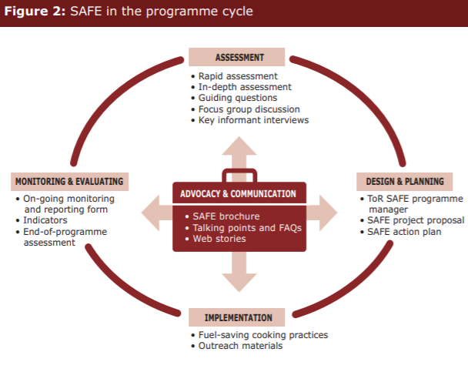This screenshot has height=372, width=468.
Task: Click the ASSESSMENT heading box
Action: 239,58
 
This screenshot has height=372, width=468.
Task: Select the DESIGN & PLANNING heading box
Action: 404,182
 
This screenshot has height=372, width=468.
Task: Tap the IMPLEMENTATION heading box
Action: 239,317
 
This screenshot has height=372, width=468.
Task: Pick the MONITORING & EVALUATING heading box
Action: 69,182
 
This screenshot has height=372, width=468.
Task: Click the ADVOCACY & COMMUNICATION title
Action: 239,193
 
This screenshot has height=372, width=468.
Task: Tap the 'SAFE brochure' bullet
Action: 225,216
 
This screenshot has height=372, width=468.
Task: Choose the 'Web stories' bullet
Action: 220,239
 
